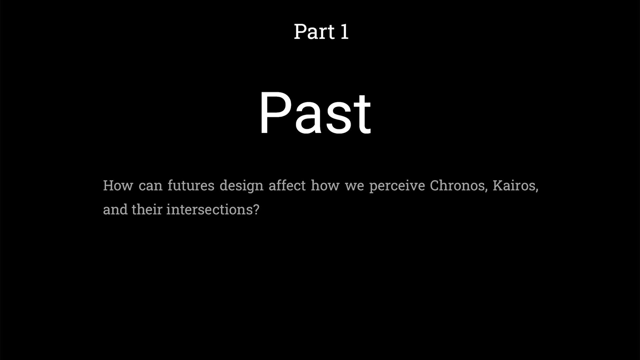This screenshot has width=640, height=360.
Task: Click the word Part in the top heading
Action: coord(314,32)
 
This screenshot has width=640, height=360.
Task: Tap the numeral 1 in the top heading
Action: coord(345,32)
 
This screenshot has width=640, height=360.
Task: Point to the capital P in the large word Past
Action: coord(276,112)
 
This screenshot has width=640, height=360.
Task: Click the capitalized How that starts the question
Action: coord(118,186)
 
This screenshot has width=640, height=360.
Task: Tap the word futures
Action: coord(191,186)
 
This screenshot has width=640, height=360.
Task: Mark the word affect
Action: coord(287,186)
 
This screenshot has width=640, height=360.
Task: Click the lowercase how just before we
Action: coord(325,186)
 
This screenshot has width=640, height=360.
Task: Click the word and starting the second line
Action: coord(115,210)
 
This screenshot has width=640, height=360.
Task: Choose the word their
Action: coord(147,210)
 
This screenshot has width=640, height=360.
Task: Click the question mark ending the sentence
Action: coord(256,210)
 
